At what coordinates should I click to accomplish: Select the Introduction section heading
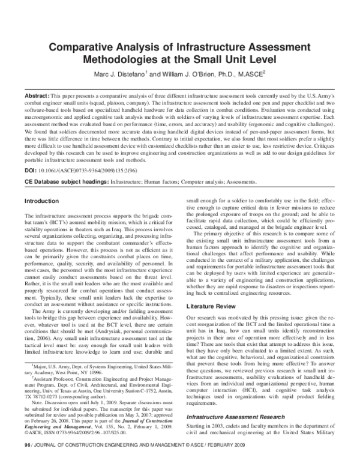tap(41, 201)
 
